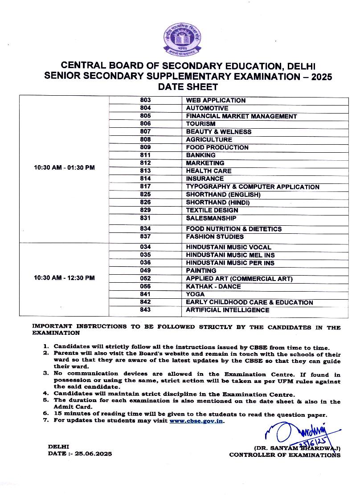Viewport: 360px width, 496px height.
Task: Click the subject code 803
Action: (x=145, y=100)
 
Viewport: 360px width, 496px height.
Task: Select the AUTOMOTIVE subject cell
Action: (x=207, y=108)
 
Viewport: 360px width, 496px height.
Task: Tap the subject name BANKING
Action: (x=200, y=155)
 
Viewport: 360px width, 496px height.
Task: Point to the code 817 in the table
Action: (x=145, y=187)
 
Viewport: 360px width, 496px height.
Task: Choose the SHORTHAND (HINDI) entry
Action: (x=217, y=203)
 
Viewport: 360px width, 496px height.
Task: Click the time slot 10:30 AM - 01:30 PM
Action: (x=64, y=168)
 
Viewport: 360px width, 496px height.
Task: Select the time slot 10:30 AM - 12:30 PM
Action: (x=64, y=278)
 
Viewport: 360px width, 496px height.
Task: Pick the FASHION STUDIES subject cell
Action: (x=215, y=237)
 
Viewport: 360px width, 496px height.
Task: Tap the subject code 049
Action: (x=145, y=270)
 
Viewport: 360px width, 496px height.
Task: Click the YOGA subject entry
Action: (x=195, y=294)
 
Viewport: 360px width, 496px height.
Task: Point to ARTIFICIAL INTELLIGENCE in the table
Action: (x=227, y=310)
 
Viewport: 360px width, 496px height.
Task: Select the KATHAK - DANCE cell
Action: (x=213, y=286)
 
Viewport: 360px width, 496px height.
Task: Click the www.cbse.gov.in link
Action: (x=196, y=420)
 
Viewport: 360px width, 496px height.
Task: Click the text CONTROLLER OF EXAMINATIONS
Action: (x=285, y=455)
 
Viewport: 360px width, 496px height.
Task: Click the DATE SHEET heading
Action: (x=188, y=87)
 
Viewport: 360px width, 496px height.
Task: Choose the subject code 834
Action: (x=145, y=229)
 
